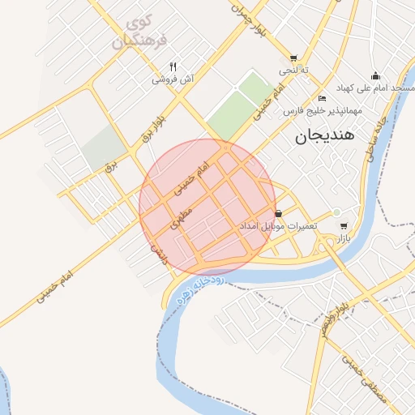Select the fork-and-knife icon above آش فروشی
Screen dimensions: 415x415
[x=173, y=66]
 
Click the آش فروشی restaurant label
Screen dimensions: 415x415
[x=172, y=79]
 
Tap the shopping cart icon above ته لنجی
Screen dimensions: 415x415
[x=293, y=58]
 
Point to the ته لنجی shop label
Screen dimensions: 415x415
[x=294, y=71]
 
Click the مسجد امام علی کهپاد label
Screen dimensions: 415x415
[x=379, y=87]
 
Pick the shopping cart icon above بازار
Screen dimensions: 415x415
[x=344, y=226]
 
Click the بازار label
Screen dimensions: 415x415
[x=344, y=238]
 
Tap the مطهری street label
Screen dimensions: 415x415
[x=182, y=215]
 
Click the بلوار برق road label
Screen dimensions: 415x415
[x=154, y=130]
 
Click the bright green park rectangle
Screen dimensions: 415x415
[x=238, y=105]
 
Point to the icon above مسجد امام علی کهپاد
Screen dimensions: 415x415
[x=375, y=75]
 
